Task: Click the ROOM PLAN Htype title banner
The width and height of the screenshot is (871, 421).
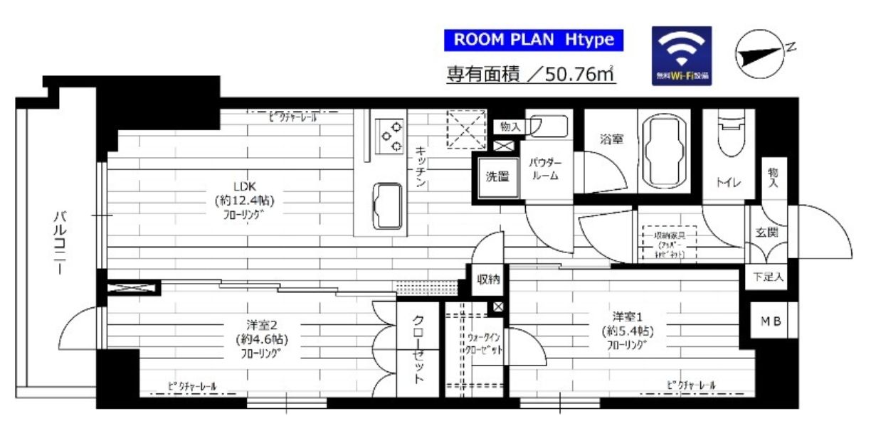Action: click(x=533, y=40)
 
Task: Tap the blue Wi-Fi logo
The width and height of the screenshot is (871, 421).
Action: click(x=682, y=56)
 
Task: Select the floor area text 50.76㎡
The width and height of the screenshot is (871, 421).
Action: click(x=531, y=73)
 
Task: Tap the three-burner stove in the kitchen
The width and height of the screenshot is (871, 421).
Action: click(x=390, y=135)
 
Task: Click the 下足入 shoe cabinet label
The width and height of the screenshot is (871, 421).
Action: click(x=769, y=277)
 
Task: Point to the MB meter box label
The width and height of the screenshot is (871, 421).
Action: click(x=771, y=321)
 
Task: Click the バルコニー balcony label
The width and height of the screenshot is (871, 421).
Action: click(x=61, y=242)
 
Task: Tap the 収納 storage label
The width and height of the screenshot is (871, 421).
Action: click(x=488, y=279)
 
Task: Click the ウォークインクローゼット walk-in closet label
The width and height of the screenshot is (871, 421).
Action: click(x=486, y=343)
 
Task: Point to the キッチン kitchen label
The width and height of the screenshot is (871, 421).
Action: click(x=421, y=168)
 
